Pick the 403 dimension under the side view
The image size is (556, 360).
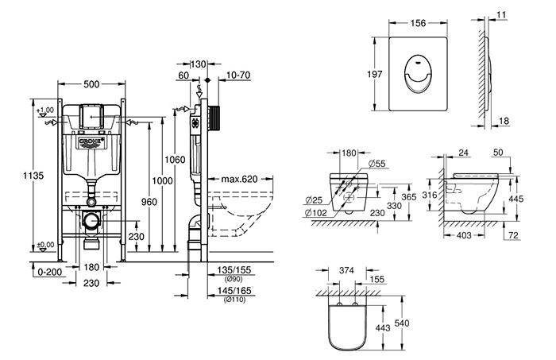(x=465, y=235)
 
